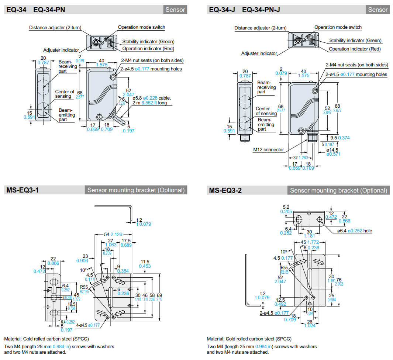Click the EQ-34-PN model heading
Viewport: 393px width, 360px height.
tap(49, 10)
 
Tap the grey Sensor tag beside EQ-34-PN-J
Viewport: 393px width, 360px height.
tap(378, 10)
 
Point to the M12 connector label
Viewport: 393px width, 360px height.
tap(268, 150)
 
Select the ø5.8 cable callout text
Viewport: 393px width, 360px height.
tap(148, 98)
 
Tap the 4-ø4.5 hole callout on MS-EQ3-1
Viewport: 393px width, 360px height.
tap(87, 325)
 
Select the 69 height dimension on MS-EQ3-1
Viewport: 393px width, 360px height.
tap(159, 295)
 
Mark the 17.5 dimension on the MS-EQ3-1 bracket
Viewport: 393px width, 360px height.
tap(126, 240)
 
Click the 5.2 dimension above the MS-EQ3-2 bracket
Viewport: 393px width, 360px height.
tap(286, 207)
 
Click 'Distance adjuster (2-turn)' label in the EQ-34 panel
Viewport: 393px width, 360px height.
tap(55, 27)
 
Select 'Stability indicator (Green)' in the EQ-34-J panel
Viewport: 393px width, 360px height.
tap(355, 41)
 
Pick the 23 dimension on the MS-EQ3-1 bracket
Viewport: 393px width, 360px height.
tap(85, 256)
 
